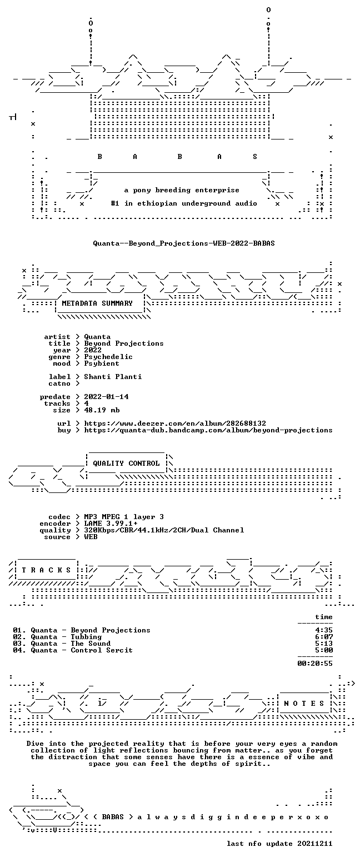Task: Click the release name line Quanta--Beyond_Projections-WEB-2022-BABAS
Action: (x=184, y=243)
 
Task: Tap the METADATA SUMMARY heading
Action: (x=97, y=303)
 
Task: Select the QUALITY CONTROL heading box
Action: (x=126, y=464)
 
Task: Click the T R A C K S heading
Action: (x=47, y=570)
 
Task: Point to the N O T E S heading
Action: (x=304, y=703)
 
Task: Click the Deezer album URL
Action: (x=175, y=423)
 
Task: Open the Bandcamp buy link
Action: (x=208, y=430)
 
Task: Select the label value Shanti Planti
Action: (x=113, y=377)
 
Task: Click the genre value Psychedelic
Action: (x=108, y=357)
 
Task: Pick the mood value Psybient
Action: (x=102, y=363)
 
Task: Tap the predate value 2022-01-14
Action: (x=106, y=397)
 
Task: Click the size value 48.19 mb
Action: (x=102, y=410)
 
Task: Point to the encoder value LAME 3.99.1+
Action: (x=111, y=524)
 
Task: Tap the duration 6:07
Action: (x=324, y=637)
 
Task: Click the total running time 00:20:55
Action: (x=315, y=664)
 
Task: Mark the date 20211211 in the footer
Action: (x=315, y=844)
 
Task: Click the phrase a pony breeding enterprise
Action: (x=182, y=190)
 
